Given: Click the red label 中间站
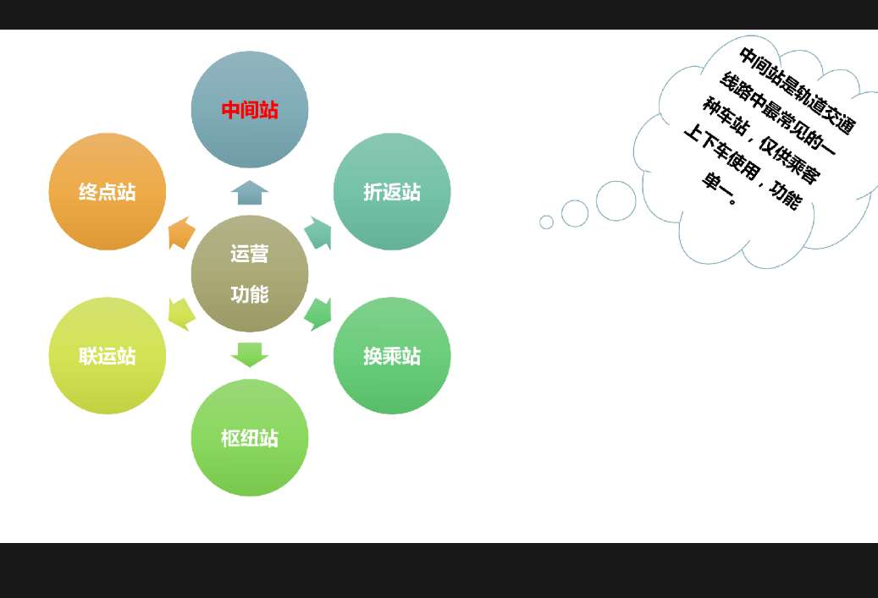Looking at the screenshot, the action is [x=250, y=110].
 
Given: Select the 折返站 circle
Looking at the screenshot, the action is [x=392, y=192].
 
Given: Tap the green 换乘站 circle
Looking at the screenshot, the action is [x=392, y=356].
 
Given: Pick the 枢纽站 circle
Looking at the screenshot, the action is [x=250, y=438].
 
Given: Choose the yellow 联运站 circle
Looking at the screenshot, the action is [x=108, y=356].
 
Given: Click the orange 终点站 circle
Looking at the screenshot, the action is [x=108, y=192].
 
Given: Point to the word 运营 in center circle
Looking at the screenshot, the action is [x=250, y=254].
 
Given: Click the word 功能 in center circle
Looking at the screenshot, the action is [x=250, y=294].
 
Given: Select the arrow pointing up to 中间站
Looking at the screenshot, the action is [x=250, y=192].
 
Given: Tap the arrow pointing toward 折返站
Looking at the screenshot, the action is [x=318, y=233].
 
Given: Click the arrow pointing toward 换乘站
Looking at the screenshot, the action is [x=319, y=314].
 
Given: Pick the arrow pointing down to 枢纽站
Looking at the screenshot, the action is [x=250, y=354].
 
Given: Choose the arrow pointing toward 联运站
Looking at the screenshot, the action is [x=181, y=314].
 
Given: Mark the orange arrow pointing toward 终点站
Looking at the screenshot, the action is [x=180, y=233].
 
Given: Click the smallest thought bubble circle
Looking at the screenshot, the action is [x=546, y=222].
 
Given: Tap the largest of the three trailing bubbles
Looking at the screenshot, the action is [x=616, y=201].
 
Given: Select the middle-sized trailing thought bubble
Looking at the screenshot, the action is [x=575, y=213].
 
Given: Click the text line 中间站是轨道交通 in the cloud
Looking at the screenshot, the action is [x=797, y=91].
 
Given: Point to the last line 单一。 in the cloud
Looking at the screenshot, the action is [x=721, y=191].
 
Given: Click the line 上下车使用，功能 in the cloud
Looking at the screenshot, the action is [x=741, y=167].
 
